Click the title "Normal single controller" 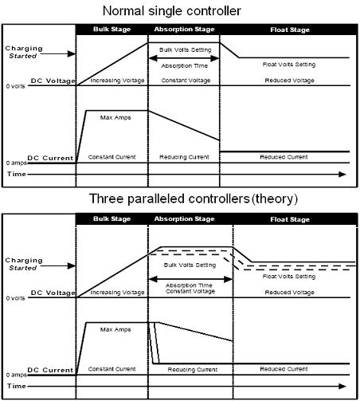pos(172,11)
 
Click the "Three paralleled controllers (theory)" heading pos(194,199)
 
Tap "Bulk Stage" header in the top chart pos(112,29)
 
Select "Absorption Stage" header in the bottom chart pos(184,219)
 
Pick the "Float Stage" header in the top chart pos(290,29)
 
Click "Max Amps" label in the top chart pos(115,117)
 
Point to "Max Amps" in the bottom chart pos(115,329)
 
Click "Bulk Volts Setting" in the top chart pos(186,49)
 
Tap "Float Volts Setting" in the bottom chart pos(289,277)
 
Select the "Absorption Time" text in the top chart pos(185,65)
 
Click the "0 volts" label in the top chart pos(15,86)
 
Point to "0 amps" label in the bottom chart pos(17,375)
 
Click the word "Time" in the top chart pos(17,174)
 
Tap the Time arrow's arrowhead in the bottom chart pos(342,386)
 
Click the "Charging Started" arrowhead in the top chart pos(72,54)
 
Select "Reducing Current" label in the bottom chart pos(193,369)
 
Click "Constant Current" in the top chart pos(112,157)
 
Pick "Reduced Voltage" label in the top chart pos(290,81)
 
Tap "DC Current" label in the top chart pos(50,158)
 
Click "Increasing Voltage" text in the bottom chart pos(117,293)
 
